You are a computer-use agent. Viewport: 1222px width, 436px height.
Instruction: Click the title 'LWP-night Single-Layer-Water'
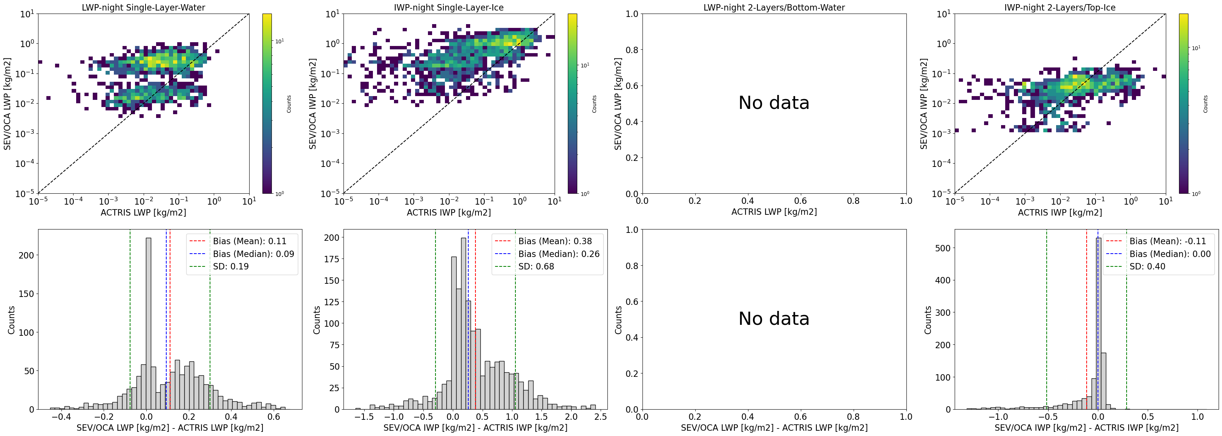143,8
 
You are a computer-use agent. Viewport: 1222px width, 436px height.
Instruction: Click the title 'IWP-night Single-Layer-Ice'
449,8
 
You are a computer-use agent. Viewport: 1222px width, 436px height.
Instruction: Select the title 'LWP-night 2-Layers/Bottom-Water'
774,8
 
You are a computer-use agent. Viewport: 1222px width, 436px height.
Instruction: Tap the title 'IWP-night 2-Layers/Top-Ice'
1060,8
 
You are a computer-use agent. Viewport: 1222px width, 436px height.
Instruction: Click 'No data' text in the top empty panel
774,103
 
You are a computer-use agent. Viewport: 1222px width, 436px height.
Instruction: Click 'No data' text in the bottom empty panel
774,318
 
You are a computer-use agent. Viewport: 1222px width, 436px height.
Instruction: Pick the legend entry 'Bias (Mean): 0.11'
250,241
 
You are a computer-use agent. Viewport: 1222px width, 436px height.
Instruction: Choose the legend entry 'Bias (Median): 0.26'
559,254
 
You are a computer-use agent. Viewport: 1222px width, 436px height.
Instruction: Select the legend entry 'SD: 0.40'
1147,266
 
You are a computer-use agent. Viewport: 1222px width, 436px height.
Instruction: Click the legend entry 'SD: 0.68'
536,266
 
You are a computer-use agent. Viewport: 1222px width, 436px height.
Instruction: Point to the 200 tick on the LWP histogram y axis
27,255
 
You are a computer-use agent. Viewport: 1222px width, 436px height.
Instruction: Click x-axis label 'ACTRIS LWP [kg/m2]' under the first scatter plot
143,212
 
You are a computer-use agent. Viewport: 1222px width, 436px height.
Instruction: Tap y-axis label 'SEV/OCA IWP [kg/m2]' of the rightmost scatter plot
924,104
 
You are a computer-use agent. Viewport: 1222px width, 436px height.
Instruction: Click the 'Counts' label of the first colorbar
289,104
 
